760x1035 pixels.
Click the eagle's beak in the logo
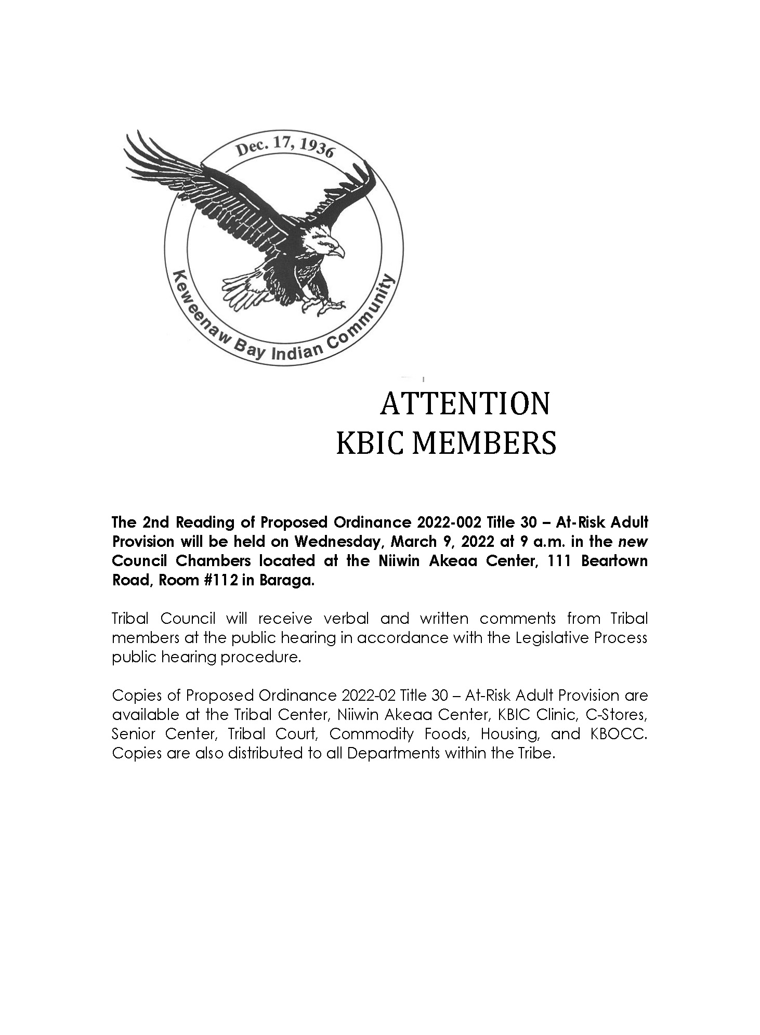338,252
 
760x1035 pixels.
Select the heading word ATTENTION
465,404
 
